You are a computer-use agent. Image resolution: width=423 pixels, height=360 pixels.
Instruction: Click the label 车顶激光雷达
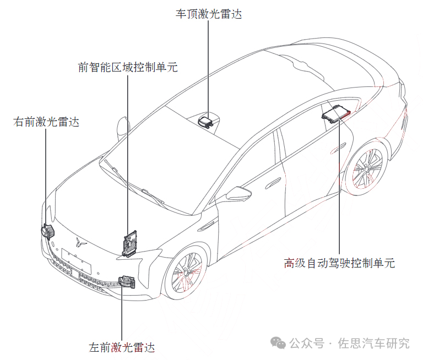point(209,14)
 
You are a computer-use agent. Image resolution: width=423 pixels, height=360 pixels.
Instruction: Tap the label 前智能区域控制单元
point(128,67)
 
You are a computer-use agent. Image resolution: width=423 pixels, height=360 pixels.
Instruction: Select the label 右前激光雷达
point(46,122)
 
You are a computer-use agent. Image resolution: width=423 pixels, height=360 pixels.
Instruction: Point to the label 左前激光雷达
point(122,347)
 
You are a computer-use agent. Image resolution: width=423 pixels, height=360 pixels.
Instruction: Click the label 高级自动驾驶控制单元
point(339,263)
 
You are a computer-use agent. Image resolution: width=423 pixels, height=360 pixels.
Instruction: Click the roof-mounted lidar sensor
point(206,121)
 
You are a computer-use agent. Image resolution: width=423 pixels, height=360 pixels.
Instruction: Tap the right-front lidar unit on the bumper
point(48,232)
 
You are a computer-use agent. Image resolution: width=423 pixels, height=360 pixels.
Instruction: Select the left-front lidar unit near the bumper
point(127,282)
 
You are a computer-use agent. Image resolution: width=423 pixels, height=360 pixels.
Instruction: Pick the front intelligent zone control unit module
point(130,243)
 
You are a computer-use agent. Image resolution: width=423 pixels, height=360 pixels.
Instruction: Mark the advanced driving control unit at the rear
point(336,114)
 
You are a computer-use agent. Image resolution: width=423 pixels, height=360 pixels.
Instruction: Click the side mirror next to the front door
point(238,193)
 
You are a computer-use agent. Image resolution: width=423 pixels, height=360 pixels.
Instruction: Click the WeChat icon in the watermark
point(278,343)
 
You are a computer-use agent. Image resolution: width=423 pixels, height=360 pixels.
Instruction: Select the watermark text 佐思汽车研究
point(373,343)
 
